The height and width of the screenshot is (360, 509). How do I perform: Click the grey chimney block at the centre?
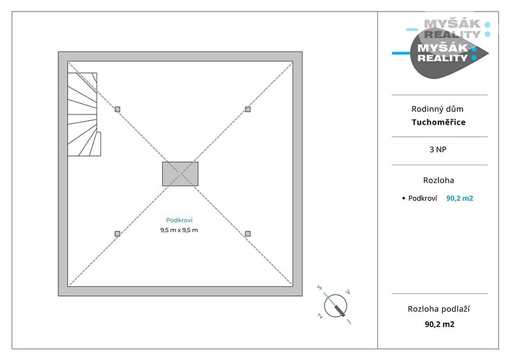click(x=180, y=174)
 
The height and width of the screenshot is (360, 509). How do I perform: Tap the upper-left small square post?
click(x=118, y=109)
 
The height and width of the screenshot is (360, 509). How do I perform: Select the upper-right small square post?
click(x=248, y=109)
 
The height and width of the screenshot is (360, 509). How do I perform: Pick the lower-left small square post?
click(x=118, y=233)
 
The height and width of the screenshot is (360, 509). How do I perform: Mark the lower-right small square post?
click(x=248, y=233)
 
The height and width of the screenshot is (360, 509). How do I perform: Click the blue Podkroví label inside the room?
click(x=179, y=220)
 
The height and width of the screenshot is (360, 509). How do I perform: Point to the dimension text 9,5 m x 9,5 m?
click(x=179, y=230)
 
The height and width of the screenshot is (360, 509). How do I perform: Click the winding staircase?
click(x=84, y=114)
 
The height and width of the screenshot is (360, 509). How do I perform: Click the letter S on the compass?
click(x=320, y=287)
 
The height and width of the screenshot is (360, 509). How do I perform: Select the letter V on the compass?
click(x=347, y=292)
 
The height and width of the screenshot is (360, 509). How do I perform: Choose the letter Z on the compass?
click(x=320, y=315)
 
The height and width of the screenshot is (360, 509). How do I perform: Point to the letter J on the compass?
click(x=349, y=322)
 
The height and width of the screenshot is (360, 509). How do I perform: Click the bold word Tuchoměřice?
click(x=438, y=122)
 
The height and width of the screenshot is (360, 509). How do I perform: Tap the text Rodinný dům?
click(x=437, y=109)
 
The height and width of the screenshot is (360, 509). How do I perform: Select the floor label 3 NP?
click(x=438, y=149)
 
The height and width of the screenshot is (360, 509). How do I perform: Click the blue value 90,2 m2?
click(x=459, y=198)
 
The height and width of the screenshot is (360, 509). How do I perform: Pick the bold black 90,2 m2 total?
click(x=440, y=324)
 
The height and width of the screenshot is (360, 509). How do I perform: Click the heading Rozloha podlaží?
click(x=438, y=309)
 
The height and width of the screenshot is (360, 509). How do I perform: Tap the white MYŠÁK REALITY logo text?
click(x=443, y=53)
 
